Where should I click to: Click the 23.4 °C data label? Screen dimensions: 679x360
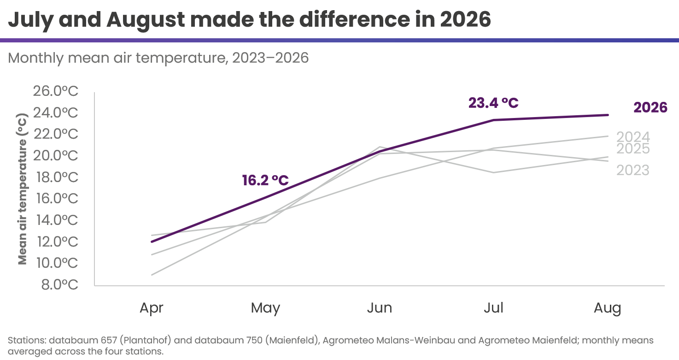click(x=493, y=103)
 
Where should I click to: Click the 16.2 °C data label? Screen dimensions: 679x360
click(x=265, y=180)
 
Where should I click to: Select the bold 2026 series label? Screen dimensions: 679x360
click(x=650, y=108)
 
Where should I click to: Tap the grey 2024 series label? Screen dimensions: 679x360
click(x=633, y=137)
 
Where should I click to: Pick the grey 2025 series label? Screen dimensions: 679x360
click(x=633, y=148)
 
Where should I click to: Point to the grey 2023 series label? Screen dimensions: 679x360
click(x=633, y=171)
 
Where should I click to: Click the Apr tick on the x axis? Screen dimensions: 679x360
click(x=151, y=308)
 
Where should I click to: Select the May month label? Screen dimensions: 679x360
click(x=265, y=308)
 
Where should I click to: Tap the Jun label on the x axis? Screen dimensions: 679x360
click(x=380, y=307)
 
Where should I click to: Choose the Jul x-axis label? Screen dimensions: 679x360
click(x=493, y=307)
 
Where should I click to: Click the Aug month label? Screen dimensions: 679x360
click(x=608, y=308)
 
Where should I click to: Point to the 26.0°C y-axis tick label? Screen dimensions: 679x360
click(x=55, y=91)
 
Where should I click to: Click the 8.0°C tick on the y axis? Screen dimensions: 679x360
click(x=60, y=285)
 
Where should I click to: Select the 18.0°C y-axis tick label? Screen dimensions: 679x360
click(x=57, y=177)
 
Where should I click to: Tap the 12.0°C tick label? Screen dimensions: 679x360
click(x=58, y=242)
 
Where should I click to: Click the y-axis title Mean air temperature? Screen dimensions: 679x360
click(x=23, y=189)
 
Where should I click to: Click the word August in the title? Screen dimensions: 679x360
click(x=146, y=20)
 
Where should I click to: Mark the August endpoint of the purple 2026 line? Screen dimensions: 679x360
click(x=608, y=115)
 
